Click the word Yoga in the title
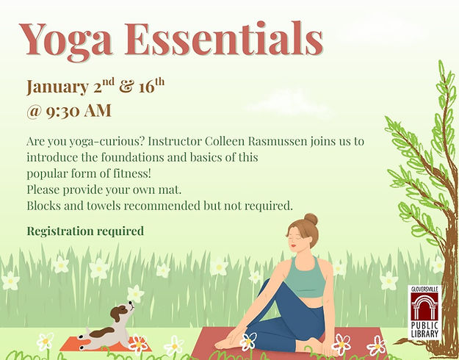pos(66,41)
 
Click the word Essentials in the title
pos(224,39)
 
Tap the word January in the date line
pos(58,87)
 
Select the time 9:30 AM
pos(79,111)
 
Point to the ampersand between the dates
pos(126,87)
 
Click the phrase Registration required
pos(85,231)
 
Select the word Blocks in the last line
pos(44,206)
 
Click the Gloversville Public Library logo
pos(424,312)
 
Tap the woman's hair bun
pos(311,219)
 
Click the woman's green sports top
pos(306,277)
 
